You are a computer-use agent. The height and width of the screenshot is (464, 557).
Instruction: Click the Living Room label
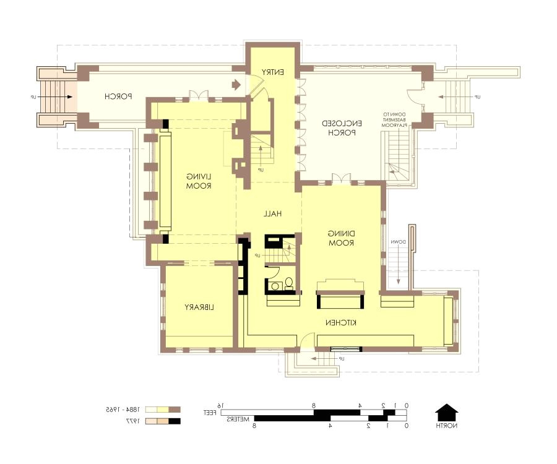pos(199,181)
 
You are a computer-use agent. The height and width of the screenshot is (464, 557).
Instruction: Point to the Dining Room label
pos(341,238)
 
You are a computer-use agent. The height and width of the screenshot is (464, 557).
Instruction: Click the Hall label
pos(272,214)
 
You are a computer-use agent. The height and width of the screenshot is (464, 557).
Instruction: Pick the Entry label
pos(272,72)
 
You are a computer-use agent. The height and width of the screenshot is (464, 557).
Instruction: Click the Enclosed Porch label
pos(342,128)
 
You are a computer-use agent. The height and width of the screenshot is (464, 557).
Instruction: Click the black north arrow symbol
pos(446,412)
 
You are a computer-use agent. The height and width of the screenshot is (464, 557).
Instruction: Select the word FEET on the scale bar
pos(212,412)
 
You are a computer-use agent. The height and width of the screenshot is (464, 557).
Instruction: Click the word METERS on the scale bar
pos(238,419)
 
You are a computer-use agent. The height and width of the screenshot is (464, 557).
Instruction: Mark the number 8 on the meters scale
pos(254,426)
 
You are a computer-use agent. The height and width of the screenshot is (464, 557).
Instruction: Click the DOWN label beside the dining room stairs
pos(399,242)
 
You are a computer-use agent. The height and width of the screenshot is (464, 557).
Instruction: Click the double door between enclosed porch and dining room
pos(342,179)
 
